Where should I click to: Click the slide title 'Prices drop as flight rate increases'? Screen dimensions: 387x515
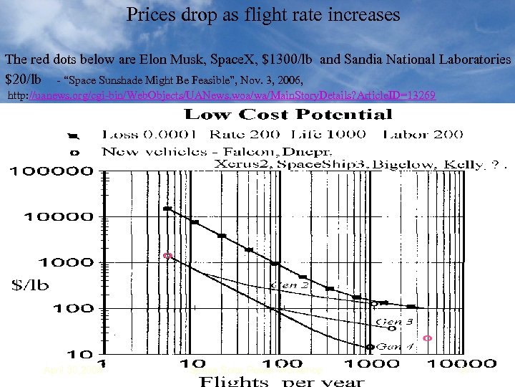[x=263, y=14]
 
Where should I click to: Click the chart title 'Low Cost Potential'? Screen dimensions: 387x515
[x=288, y=114]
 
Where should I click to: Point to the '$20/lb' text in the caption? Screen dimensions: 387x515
[x=23, y=78]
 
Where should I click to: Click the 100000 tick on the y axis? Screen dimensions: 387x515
[x=51, y=171]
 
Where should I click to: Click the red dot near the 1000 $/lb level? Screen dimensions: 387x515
[x=167, y=255]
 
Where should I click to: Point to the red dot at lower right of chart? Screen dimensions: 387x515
[x=428, y=338]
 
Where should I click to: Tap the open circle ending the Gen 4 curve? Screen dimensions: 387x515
[x=369, y=347]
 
